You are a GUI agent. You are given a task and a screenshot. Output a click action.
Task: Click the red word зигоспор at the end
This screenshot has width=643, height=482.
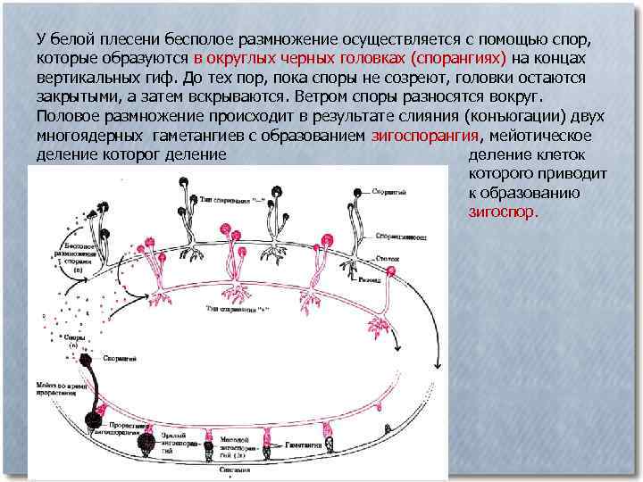503,212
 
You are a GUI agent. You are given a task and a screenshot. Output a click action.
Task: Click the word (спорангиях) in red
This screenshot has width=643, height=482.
457,58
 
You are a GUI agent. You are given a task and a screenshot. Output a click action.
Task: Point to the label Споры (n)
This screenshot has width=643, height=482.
76,342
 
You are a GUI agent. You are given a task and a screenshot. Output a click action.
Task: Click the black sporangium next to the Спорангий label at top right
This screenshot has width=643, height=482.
359,193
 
